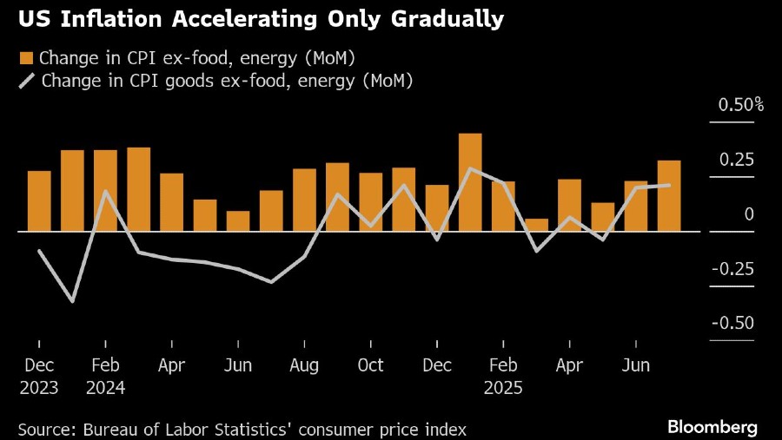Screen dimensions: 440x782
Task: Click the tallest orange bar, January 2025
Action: click(x=470, y=182)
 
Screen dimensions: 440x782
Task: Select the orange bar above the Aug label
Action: click(x=304, y=200)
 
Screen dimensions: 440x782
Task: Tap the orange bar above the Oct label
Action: click(x=371, y=202)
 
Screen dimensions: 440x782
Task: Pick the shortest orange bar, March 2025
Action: click(x=536, y=225)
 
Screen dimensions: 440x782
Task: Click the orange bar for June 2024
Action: click(x=238, y=221)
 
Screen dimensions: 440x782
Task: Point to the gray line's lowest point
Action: click(x=72, y=301)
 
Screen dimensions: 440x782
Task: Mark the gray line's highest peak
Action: click(x=470, y=168)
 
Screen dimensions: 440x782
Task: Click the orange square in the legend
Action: click(x=26, y=58)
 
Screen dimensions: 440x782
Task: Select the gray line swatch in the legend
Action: click(x=27, y=82)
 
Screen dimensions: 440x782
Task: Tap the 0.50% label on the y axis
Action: click(x=740, y=106)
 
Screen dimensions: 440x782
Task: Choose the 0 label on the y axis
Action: click(x=749, y=214)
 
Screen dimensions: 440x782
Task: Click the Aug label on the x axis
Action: click(x=304, y=365)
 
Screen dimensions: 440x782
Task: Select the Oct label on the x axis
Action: click(x=371, y=365)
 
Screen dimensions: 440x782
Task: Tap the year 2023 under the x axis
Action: click(x=39, y=387)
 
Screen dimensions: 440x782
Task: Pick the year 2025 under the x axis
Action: click(x=503, y=387)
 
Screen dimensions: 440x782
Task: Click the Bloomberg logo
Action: click(x=712, y=427)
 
